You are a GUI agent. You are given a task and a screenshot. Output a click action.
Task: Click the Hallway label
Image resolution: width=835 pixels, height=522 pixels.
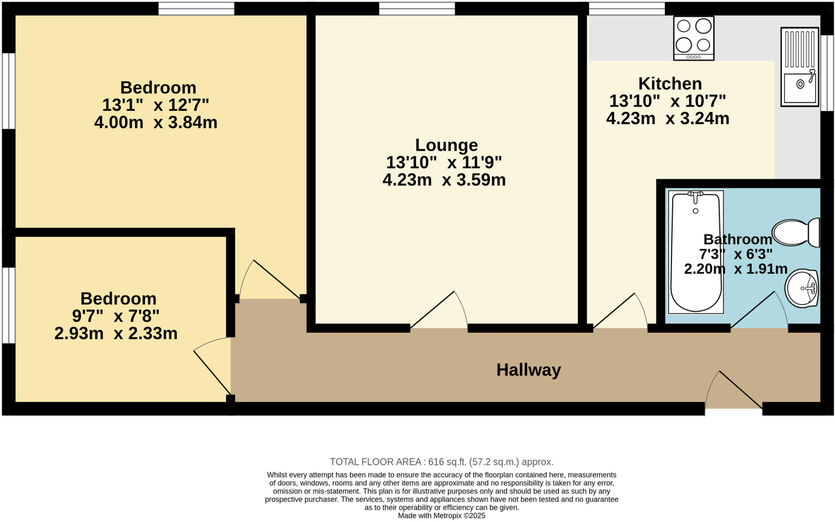[528, 370]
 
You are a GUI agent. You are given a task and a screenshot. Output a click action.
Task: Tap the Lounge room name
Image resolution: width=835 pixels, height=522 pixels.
[446, 145]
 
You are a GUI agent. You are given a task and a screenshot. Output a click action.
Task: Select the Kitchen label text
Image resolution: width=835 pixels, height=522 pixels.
[670, 84]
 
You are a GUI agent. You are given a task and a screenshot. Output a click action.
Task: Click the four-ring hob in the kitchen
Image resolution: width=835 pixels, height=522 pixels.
[694, 38]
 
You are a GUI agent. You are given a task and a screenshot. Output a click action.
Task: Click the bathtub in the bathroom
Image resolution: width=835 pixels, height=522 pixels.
[696, 252]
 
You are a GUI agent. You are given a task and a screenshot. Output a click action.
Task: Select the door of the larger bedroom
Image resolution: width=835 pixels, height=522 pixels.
[269, 281]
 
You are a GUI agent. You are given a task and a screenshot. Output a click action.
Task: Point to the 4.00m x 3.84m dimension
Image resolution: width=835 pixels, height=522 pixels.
[155, 122]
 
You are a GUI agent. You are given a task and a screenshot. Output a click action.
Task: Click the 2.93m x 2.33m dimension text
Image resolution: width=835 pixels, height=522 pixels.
[116, 334]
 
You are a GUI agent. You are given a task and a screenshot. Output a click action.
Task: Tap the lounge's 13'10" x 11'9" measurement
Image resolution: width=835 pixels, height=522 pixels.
[444, 163]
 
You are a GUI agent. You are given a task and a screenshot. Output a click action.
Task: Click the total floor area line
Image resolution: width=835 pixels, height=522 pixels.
[441, 462]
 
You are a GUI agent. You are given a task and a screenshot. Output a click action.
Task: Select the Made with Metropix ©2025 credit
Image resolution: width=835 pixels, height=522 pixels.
[441, 515]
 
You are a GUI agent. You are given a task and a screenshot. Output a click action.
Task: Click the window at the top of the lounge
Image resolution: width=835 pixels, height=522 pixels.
[417, 9]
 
